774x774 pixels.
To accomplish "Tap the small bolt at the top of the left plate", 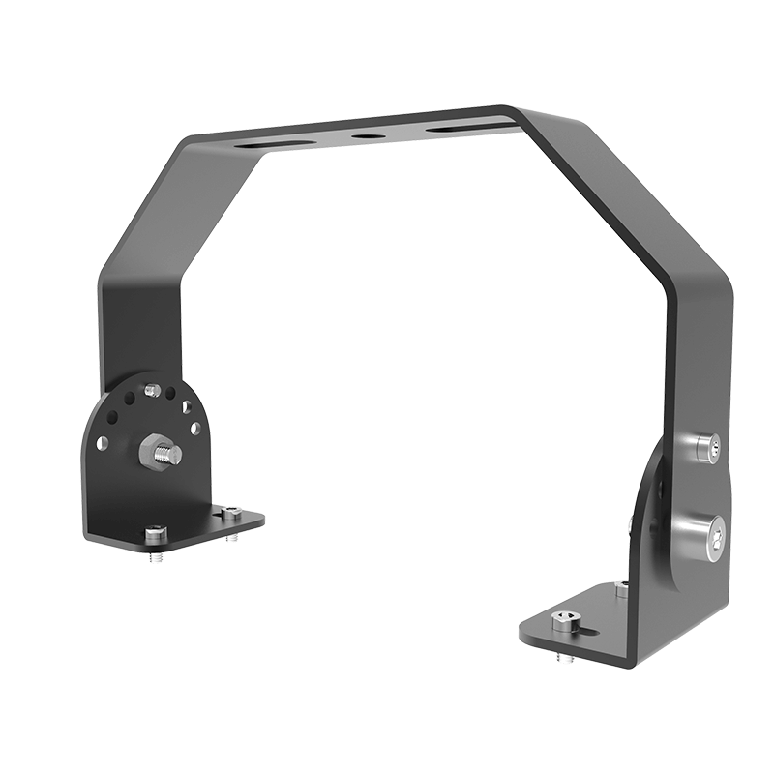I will [151, 390].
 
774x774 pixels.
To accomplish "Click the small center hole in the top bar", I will [366, 135].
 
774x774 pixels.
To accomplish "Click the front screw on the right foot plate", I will [562, 620].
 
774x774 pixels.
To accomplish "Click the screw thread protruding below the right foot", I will [565, 656].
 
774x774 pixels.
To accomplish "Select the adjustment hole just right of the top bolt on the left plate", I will [170, 395].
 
